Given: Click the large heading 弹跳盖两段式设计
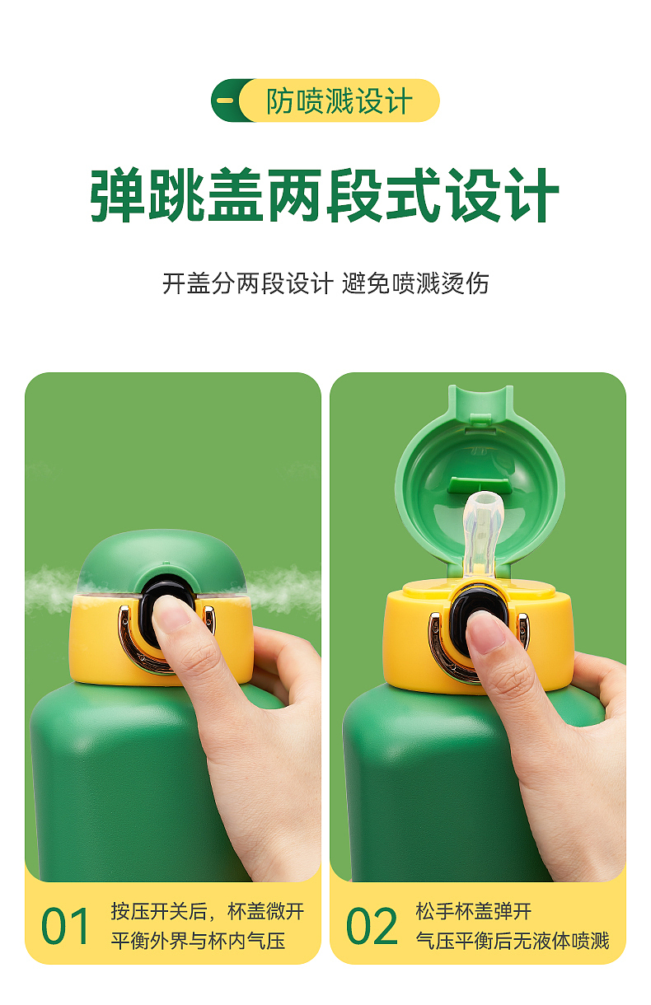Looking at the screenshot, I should (x=325, y=196).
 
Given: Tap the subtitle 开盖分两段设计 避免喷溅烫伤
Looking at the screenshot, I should (x=325, y=283).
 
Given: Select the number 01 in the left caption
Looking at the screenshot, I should (x=66, y=926).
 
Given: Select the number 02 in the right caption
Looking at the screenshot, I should (x=372, y=926).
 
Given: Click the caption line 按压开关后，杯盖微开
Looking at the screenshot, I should (x=208, y=911).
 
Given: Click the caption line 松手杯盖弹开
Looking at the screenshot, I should (x=473, y=911).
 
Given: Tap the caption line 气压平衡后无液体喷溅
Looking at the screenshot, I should (x=512, y=941).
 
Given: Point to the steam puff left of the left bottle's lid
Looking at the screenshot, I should (x=49, y=589).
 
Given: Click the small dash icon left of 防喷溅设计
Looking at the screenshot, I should (x=225, y=101).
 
